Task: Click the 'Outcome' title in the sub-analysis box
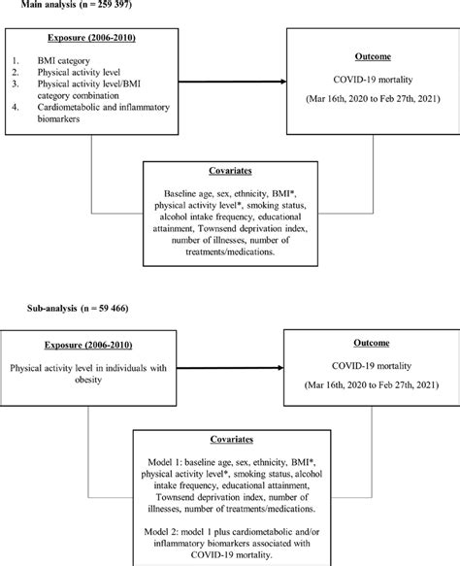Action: (366, 344)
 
